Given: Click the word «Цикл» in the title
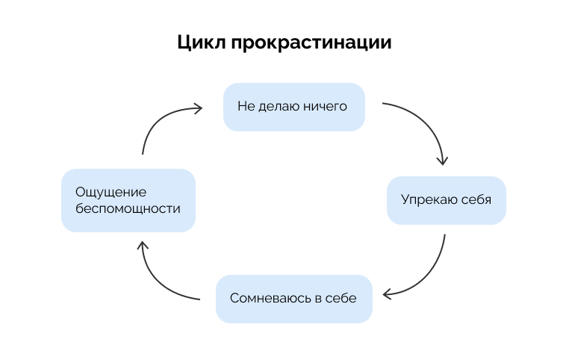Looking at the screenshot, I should click(200, 42).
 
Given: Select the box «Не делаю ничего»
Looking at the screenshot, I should click(294, 107).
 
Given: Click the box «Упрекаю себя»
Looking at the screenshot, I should click(446, 200).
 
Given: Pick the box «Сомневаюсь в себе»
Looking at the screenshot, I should click(293, 299).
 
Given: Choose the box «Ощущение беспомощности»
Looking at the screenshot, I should click(128, 200).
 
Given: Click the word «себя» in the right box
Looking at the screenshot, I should click(476, 200).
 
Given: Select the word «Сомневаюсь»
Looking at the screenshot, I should click(270, 299).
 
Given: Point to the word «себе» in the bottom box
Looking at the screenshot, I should click(342, 299).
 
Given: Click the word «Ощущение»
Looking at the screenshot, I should click(111, 192).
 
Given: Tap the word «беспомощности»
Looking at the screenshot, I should click(128, 209).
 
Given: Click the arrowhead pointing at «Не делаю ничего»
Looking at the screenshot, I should click(198, 108).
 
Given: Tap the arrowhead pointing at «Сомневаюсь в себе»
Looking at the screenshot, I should click(385, 294).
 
